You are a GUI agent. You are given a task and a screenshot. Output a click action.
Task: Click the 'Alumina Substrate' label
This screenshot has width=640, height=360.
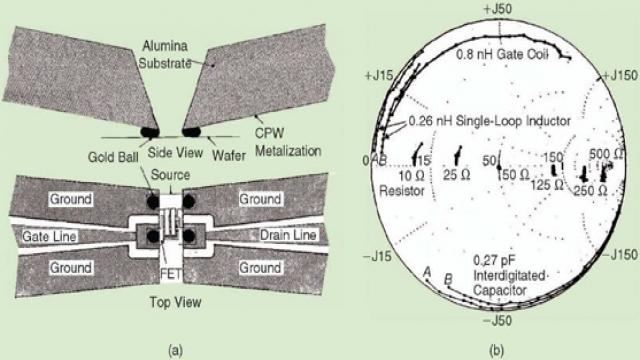click(165, 54)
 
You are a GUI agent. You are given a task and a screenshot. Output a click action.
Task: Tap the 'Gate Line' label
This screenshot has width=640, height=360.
click(49, 236)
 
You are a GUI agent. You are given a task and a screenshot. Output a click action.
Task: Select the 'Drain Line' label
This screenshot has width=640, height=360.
click(288, 235)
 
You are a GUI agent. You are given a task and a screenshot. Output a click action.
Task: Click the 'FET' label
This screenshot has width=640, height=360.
click(170, 273)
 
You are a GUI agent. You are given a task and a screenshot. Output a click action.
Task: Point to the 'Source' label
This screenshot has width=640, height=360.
click(170, 175)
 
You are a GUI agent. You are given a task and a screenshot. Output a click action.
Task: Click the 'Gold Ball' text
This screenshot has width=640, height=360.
click(113, 157)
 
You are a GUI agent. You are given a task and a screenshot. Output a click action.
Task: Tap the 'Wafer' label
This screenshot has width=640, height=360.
click(229, 155)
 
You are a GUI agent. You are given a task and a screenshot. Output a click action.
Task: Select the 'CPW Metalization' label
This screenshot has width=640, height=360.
click(288, 142)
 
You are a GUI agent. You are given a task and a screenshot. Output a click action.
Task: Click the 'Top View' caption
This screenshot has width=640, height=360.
click(176, 302)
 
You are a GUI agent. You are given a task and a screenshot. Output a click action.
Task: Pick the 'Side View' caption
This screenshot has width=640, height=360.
click(175, 152)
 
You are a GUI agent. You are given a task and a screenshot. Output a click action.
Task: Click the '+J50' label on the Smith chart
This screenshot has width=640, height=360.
click(498, 9)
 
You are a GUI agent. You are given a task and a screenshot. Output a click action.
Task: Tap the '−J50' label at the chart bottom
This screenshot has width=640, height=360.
click(498, 320)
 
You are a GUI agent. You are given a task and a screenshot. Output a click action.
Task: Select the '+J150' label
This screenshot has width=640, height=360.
click(620, 75)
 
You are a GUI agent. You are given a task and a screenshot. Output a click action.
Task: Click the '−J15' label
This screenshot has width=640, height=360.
click(377, 256)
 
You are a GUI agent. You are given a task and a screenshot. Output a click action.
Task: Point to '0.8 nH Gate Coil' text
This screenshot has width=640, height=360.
click(502, 54)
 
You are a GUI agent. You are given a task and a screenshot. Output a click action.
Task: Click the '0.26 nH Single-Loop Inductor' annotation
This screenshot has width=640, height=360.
click(489, 120)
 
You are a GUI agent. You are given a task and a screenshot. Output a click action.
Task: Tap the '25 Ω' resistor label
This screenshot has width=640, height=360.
click(457, 175)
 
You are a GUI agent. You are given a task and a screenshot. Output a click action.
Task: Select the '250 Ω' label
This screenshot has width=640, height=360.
click(591, 190)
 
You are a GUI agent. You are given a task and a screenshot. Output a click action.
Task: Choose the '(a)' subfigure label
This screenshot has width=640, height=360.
click(176, 350)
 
